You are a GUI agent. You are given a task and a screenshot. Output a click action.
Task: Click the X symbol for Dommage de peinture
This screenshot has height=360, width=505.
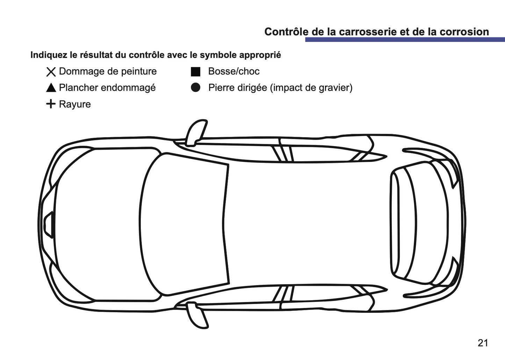click(51, 72)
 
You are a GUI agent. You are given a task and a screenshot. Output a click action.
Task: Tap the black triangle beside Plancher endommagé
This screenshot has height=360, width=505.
click(51, 88)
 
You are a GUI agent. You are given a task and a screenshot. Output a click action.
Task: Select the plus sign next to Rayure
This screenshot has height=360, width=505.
click(51, 104)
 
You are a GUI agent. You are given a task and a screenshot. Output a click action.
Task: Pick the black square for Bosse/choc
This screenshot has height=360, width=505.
click(195, 72)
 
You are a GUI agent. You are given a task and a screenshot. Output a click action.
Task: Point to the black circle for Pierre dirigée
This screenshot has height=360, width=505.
click(195, 88)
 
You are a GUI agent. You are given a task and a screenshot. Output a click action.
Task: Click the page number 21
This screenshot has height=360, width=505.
click(483, 343)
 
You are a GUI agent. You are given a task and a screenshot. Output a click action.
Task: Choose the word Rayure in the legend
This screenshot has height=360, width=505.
click(75, 105)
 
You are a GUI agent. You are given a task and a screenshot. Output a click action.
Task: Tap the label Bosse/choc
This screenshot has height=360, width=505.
click(234, 72)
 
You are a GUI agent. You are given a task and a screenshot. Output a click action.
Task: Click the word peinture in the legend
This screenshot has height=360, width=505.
click(138, 72)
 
